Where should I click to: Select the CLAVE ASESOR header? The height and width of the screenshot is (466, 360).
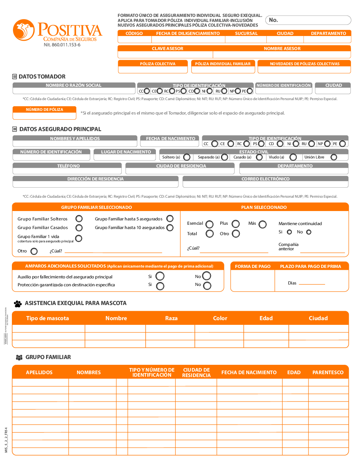[167, 49]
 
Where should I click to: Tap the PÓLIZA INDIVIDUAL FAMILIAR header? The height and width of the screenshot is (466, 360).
[223, 64]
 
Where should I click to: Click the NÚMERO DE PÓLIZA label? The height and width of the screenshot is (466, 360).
[44, 109]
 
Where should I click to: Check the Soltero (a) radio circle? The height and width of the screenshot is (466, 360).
[187, 157]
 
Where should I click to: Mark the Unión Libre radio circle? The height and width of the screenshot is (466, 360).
[334, 157]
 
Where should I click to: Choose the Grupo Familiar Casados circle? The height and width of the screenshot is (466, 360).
[79, 228]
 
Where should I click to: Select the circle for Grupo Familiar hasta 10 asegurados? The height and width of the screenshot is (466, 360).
[170, 228]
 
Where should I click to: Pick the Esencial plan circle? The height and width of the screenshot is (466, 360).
[210, 224]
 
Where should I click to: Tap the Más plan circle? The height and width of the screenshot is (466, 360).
[263, 224]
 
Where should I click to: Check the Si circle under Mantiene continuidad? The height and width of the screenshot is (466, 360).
[289, 232]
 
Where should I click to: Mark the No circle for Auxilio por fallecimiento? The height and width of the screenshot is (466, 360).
[207, 276]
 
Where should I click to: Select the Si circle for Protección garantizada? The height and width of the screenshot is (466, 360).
[160, 286]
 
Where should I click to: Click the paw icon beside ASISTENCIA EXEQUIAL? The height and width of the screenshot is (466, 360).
[18, 304]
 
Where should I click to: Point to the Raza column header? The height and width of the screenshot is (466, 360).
[171, 318]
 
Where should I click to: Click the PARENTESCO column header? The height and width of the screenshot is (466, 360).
[328, 372]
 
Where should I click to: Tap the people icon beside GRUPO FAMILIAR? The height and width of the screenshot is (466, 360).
[19, 357]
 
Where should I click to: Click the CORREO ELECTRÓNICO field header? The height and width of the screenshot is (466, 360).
[265, 179]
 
